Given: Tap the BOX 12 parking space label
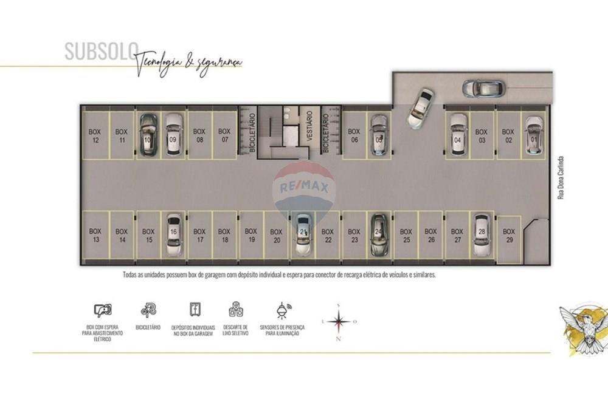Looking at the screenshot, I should pos(95,135).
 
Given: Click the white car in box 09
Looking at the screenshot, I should pos(173,135).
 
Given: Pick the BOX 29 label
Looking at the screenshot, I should pos(509,236).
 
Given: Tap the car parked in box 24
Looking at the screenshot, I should pos(378,236).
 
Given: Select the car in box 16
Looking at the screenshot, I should pos(173,236).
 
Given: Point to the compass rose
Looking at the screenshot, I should pos(338,322).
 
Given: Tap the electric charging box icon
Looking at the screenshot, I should pos(103,311).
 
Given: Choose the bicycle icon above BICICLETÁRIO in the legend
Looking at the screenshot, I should pos(148,311).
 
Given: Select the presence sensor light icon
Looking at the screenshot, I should pos(282,311).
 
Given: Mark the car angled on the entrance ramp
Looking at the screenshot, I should pos(421,108).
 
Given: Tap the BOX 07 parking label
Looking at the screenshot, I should pos(224,135).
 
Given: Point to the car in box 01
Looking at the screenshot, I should pos(533,135).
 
